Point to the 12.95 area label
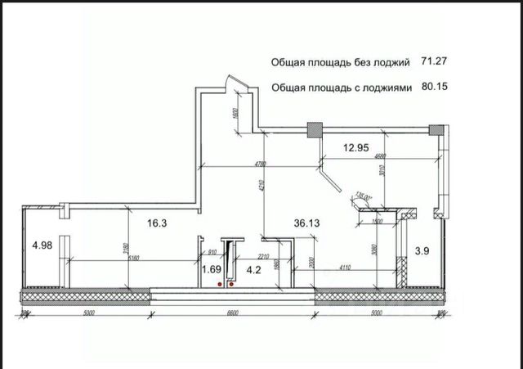(x=357, y=148)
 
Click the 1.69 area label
(x=212, y=268)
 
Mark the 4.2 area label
(x=253, y=268)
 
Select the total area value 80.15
(x=437, y=85)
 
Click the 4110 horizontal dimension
(x=348, y=268)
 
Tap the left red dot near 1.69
(x=221, y=284)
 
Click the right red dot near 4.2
(x=231, y=286)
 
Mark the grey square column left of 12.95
(x=312, y=129)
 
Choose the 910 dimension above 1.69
(x=212, y=252)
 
